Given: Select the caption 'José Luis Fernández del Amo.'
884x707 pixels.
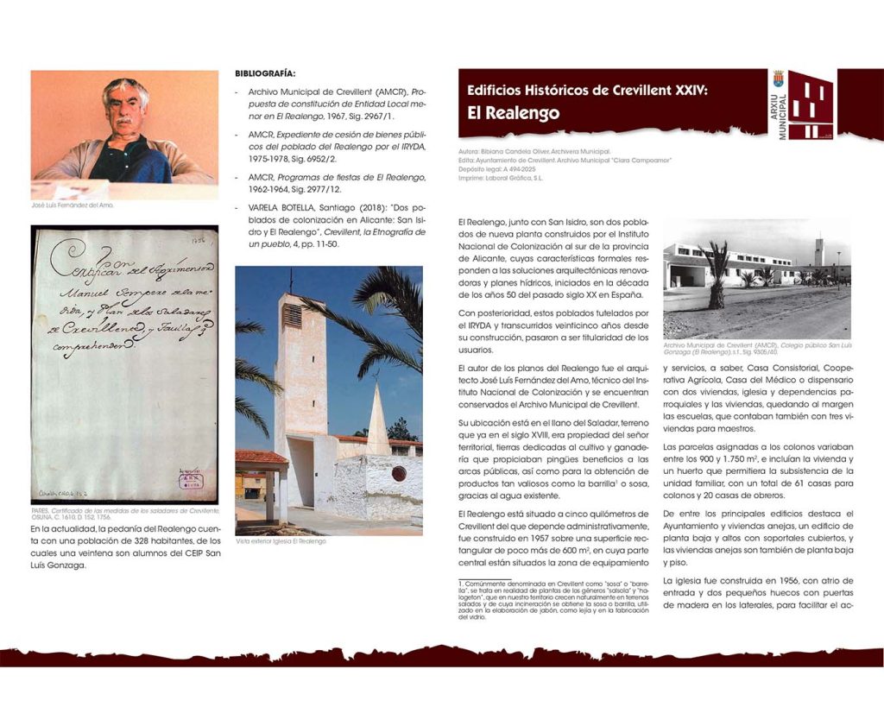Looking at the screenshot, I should [73, 205].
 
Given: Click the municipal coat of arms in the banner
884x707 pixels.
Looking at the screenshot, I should [779, 79].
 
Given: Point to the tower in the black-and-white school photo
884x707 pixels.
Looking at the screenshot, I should [818, 252].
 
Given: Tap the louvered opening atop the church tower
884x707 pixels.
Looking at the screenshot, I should [293, 315].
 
